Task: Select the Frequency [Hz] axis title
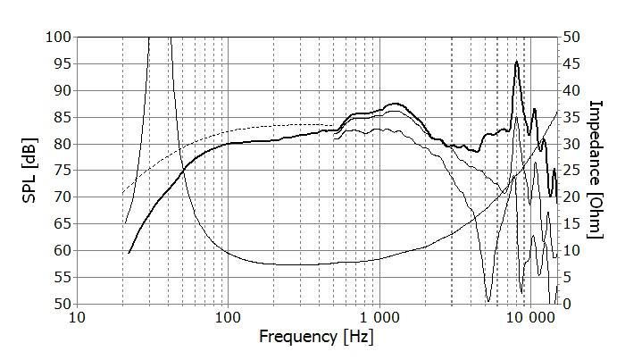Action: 312,338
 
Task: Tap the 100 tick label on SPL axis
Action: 56,37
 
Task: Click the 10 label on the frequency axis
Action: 77,317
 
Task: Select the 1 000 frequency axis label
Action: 379,317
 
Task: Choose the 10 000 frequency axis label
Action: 531,317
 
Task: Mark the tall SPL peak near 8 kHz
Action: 516,62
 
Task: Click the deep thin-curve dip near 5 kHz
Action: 487,300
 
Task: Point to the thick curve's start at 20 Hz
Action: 129,254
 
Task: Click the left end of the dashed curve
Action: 122,194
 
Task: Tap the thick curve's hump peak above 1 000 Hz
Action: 396,104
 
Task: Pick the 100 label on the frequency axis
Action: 228,317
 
